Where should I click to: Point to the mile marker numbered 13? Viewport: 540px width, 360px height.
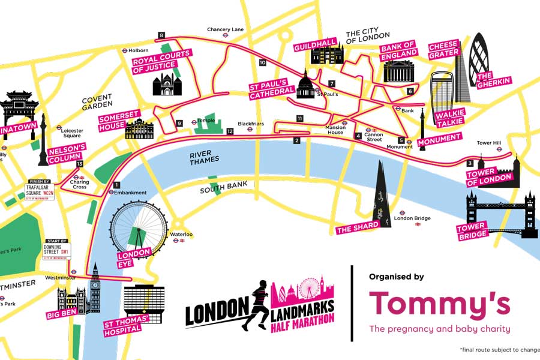[80, 163]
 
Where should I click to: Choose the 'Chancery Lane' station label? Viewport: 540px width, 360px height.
[225, 29]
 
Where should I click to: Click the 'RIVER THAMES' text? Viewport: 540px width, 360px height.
[205, 159]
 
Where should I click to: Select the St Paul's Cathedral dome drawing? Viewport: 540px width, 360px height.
[305, 86]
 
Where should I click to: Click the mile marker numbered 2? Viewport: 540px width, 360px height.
[296, 141]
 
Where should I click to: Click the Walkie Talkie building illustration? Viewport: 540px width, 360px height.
[443, 90]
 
